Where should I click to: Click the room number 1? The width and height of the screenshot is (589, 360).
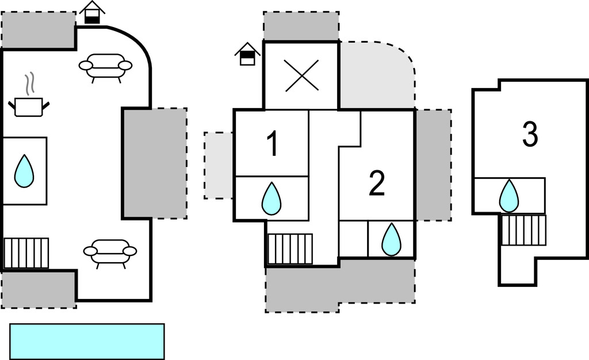273,144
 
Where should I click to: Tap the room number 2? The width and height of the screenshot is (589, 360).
376,184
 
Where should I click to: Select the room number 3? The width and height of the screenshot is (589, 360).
530,134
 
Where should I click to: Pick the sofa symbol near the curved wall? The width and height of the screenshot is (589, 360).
106,66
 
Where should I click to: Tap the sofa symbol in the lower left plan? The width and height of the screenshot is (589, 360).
110,252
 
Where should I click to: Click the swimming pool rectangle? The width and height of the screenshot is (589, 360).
87,341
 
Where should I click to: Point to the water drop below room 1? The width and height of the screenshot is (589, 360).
271,198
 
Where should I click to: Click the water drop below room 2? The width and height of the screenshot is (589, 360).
391,239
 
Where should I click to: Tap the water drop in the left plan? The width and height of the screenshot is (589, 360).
24,171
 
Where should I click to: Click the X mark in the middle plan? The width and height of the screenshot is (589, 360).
301,76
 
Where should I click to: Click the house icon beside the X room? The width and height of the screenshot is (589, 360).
247,55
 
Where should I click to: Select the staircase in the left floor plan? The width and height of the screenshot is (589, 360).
26,253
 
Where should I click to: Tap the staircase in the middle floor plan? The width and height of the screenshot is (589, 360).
290,248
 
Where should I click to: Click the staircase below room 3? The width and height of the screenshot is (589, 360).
523,230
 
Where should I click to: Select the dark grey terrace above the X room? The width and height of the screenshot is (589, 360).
301,26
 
